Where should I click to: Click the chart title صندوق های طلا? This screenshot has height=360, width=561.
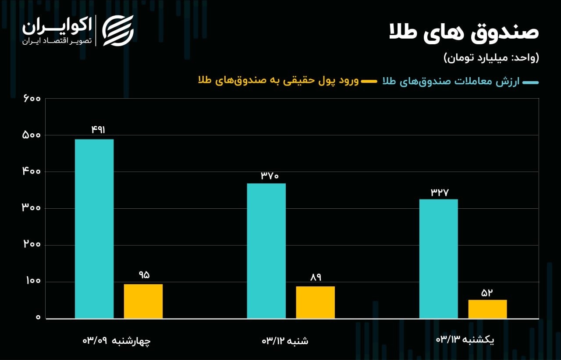[464, 33]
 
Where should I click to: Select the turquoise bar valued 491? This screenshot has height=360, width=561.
[94, 228]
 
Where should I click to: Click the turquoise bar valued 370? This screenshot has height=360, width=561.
[266, 250]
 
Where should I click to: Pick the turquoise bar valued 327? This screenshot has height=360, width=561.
[438, 259]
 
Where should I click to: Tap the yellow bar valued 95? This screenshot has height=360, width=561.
[143, 301]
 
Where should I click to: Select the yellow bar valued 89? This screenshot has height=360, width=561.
[315, 302]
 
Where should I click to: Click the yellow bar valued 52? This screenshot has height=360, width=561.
[487, 309]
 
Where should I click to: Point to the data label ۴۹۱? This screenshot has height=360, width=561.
[98, 129]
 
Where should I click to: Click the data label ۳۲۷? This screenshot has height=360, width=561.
[440, 192]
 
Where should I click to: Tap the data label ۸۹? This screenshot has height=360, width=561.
[316, 277]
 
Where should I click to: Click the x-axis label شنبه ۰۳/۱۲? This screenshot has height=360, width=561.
[285, 340]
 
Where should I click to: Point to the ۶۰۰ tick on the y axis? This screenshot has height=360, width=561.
[31, 99]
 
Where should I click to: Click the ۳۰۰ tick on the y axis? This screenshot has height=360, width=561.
[31, 208]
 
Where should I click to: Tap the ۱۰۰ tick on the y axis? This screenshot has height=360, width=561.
[31, 282]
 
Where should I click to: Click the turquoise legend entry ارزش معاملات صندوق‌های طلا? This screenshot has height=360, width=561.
[456, 82]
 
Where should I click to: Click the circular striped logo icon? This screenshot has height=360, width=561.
[118, 30]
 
